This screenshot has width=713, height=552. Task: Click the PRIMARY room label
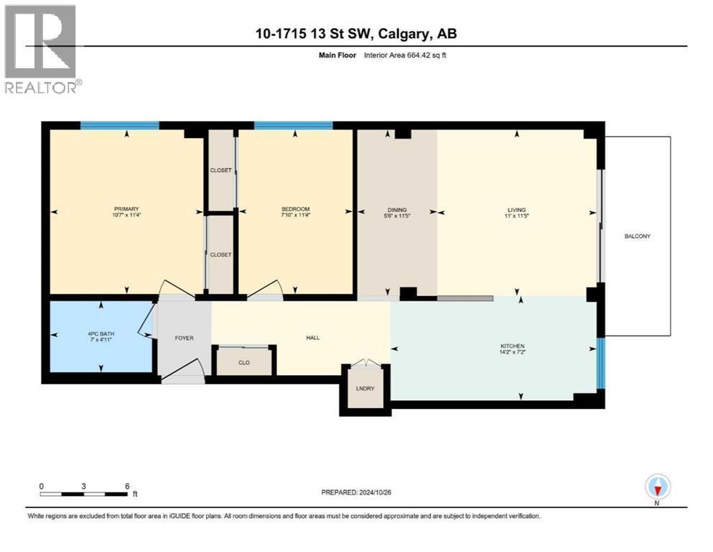[x=125, y=209]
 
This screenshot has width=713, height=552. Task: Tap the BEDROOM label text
[x=295, y=209]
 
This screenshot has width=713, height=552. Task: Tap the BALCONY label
[x=638, y=236]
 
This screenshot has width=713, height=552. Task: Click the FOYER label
[x=184, y=338]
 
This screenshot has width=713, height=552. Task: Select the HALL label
[x=312, y=338]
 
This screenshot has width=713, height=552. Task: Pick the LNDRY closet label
[x=365, y=389]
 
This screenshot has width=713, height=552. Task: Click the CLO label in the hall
[x=244, y=362]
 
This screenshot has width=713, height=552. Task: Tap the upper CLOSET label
[x=221, y=170]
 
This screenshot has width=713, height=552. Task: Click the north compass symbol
[x=657, y=488]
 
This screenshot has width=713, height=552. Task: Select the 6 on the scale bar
[x=127, y=486]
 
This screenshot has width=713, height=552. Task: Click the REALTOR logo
[x=41, y=49]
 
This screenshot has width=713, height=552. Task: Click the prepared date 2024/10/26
[x=376, y=492]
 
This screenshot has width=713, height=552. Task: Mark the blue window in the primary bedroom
[x=119, y=126]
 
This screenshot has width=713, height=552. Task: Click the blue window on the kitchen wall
[x=601, y=357]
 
